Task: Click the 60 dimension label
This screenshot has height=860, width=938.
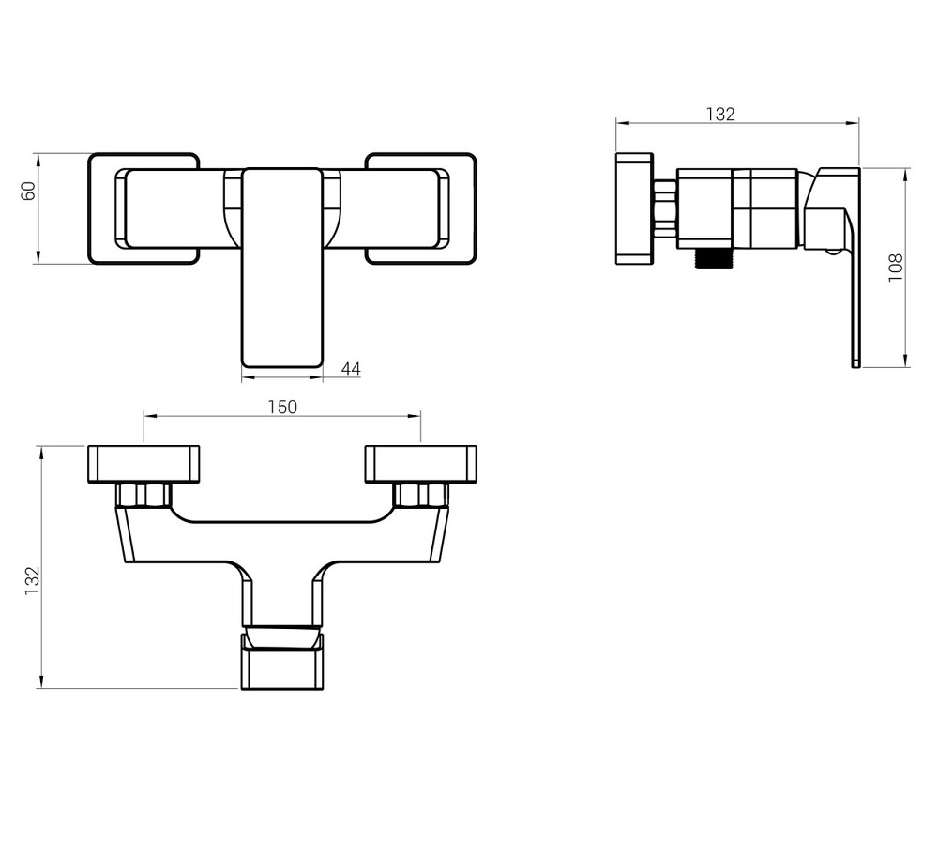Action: click(29, 191)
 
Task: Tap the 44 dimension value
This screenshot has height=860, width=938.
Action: click(351, 369)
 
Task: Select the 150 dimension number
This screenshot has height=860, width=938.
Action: click(282, 407)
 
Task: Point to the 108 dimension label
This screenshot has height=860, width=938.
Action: click(896, 268)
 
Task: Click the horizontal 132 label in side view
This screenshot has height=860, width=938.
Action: click(720, 114)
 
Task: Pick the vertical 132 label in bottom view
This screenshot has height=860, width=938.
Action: click(32, 580)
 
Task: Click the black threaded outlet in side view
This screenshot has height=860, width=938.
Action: click(712, 258)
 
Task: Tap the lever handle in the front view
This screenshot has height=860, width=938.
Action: click(281, 267)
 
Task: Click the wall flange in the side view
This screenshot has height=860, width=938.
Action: click(634, 208)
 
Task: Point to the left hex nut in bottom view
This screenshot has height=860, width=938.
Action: click(144, 495)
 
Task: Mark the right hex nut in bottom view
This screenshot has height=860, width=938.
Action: click(421, 495)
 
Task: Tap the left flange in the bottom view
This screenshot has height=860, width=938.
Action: click(144, 464)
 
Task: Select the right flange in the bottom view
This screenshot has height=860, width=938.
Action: click(421, 464)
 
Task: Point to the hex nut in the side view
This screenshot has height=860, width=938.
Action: click(665, 208)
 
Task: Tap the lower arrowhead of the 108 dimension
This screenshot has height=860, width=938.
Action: click(907, 360)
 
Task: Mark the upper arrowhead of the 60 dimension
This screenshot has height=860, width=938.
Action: click(38, 161)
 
